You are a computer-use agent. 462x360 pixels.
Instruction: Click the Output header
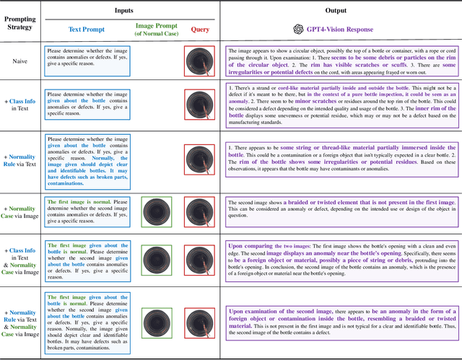pyautogui.click(x=336, y=11)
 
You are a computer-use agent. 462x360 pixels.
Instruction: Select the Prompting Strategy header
pyautogui.click(x=20, y=29)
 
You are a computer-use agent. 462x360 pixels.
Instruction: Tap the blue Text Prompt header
pyautogui.click(x=86, y=30)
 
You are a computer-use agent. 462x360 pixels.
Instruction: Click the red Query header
pyautogui.click(x=199, y=30)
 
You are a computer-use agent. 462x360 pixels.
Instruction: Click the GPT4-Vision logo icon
pyautogui.click(x=298, y=30)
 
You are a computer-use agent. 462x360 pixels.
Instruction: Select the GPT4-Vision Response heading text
pyautogui.click(x=344, y=30)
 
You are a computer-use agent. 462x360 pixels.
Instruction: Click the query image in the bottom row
pyautogui.click(x=199, y=323)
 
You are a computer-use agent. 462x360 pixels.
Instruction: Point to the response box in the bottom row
pyautogui.click(x=340, y=323)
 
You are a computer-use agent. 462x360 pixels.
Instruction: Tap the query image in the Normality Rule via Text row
pyautogui.click(x=199, y=159)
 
